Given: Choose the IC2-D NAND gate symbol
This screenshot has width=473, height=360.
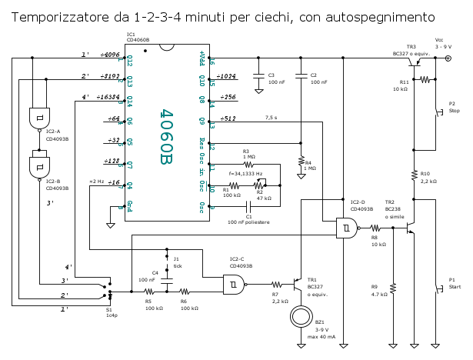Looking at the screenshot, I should (x=346, y=228).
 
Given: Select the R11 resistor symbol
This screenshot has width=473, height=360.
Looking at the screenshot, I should (x=424, y=80).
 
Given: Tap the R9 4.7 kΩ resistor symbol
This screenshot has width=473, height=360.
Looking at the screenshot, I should (x=393, y=288).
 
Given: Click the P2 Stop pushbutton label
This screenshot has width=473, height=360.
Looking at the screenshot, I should (x=453, y=107).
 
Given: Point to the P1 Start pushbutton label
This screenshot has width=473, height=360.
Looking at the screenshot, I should (x=453, y=284).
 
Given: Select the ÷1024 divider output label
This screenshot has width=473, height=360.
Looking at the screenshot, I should (x=227, y=76).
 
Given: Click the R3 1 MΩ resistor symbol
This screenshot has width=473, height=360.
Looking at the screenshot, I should (x=248, y=164).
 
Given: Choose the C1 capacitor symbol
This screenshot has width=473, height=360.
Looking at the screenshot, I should (x=248, y=206).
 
